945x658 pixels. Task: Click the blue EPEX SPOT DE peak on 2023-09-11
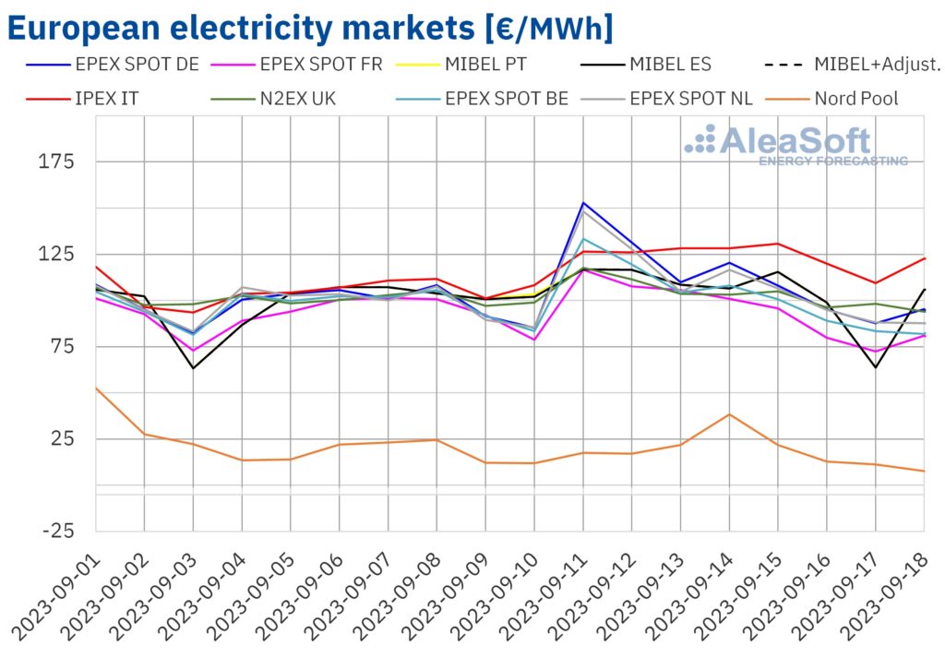coord(583,202)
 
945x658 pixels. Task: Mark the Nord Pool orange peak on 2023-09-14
coord(730,414)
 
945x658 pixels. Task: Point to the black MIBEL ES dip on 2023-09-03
coord(193,368)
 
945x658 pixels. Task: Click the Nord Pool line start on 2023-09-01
coord(96,389)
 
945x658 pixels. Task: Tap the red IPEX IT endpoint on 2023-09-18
coord(924,258)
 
